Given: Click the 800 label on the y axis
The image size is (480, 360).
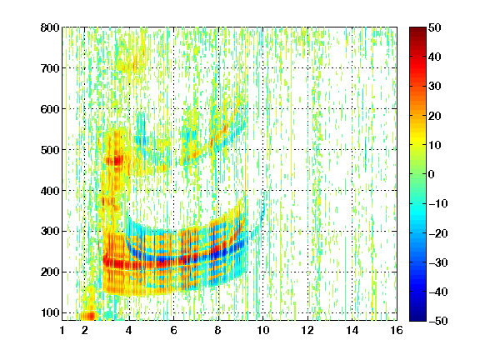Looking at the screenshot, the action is [50, 27].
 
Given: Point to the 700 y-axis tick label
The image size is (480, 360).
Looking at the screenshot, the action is [50, 68].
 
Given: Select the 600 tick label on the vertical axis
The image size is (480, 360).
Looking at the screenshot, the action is [50, 109].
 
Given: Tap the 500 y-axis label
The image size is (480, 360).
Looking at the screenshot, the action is [50, 150].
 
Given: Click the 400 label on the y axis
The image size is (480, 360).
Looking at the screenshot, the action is [50, 191].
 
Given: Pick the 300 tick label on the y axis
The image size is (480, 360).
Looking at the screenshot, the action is [50, 232].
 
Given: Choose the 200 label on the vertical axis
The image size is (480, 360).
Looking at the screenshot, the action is [50, 272].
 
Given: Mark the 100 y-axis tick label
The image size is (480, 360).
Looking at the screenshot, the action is [50, 312].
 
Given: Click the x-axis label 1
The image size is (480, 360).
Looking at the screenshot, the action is [62, 331].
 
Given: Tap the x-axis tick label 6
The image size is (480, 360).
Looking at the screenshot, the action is [174, 331].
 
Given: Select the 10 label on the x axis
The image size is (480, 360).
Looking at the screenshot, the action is [262, 331].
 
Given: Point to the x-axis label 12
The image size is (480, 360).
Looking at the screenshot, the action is [307, 331].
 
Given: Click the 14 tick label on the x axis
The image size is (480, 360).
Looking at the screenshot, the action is [352, 331].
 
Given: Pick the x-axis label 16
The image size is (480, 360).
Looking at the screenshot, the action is [397, 331].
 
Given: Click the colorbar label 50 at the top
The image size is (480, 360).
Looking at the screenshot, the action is [435, 27].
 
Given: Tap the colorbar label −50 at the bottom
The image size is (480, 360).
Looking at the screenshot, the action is [438, 321].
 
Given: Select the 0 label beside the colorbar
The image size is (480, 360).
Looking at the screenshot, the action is [432, 174].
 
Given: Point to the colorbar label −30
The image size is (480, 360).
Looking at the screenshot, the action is [438, 262].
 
